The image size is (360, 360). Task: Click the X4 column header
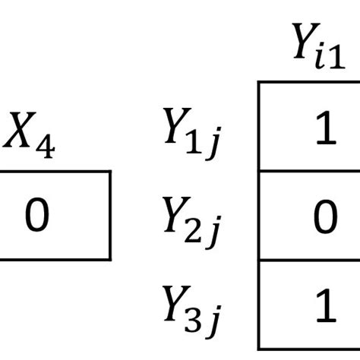click(x=29, y=135)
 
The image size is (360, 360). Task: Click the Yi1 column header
click(x=319, y=46)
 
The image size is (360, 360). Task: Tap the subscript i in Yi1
click(x=321, y=58)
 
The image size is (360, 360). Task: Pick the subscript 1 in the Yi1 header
click(x=337, y=57)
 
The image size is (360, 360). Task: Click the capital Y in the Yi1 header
click(x=305, y=41)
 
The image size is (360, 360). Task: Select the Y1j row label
click(x=192, y=134)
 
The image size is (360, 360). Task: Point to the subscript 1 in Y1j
click(x=194, y=142)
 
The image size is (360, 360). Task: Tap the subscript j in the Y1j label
click(x=214, y=144)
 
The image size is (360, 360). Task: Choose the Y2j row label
click(x=192, y=223)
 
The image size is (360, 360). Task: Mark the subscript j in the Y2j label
click(x=214, y=232)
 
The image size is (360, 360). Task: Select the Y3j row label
click(x=192, y=312)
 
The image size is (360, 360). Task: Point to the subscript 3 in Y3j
click(x=193, y=321)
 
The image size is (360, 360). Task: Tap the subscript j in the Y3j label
click(x=214, y=321)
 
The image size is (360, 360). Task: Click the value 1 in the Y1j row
click(x=326, y=128)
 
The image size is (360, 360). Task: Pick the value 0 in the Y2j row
click(x=326, y=216)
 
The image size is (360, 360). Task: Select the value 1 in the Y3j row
click(x=326, y=305)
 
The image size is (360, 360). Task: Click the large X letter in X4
click(x=20, y=130)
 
